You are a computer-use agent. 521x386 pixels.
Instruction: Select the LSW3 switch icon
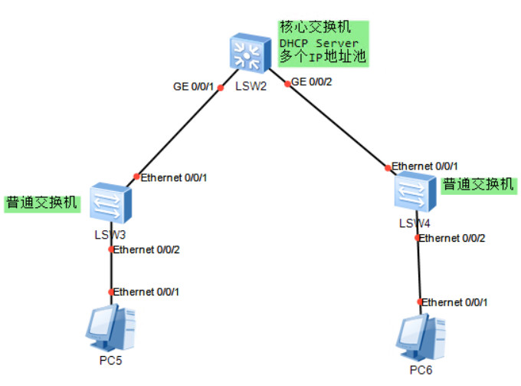[110, 203]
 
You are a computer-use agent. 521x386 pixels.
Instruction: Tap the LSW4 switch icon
[415, 191]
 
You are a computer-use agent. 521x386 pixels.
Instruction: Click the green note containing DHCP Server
[323, 43]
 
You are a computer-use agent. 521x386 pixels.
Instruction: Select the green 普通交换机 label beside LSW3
[42, 203]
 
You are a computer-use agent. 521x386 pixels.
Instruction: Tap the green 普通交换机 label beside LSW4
[478, 184]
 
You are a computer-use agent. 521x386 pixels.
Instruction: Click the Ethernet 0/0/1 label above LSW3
[174, 177]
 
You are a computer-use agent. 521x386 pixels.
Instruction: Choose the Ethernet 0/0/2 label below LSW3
[147, 249]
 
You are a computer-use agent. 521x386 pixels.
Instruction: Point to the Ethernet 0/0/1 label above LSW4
[424, 166]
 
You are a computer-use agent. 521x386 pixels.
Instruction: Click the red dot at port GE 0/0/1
[221, 87]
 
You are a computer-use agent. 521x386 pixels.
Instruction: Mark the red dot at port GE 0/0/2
[286, 81]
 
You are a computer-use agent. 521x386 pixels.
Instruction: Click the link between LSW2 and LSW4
[337, 124]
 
